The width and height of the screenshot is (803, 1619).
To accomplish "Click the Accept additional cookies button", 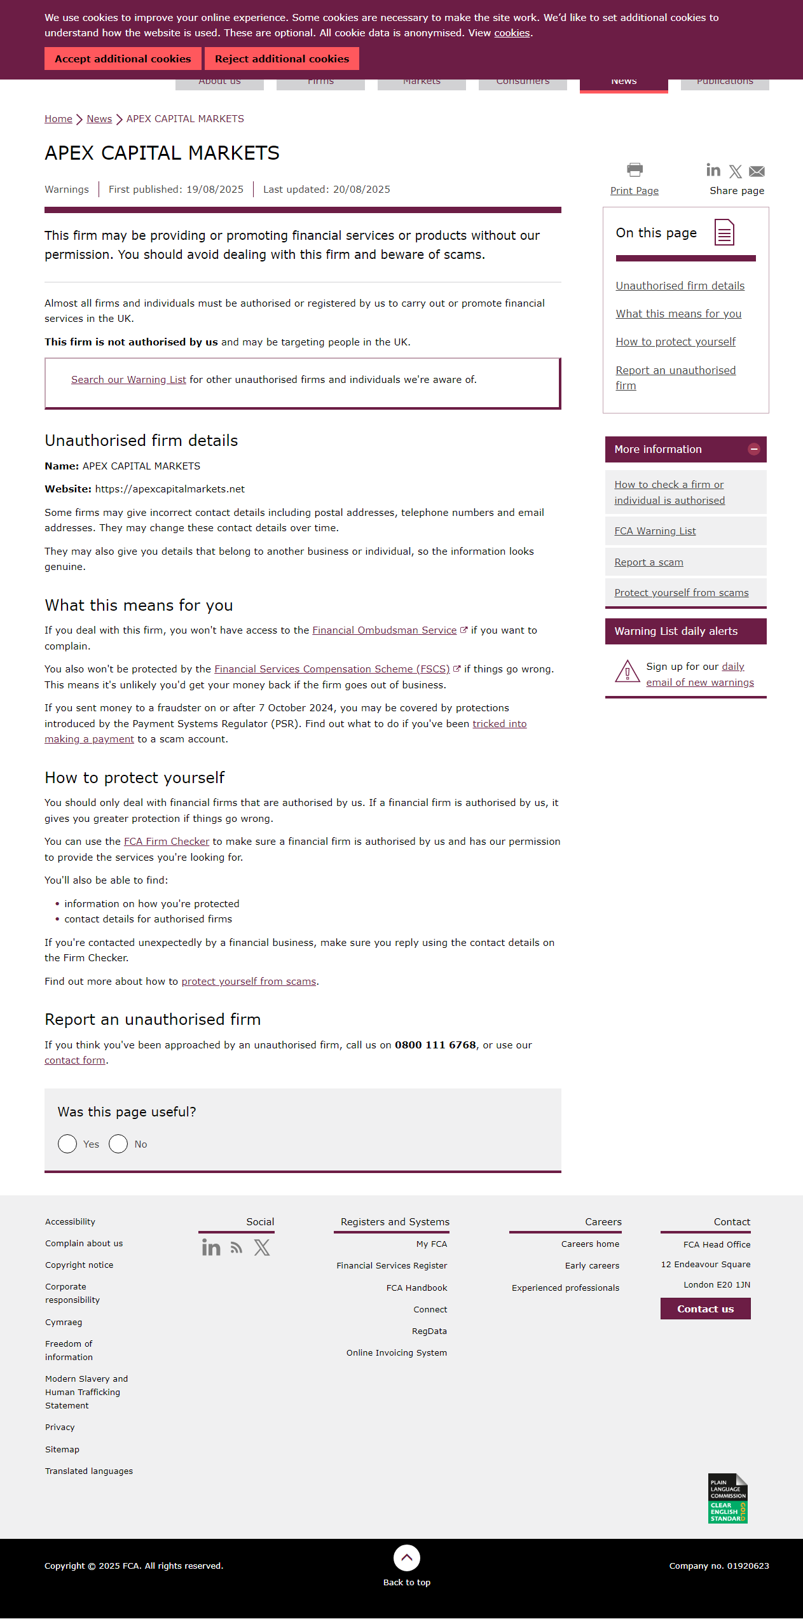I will tap(123, 59).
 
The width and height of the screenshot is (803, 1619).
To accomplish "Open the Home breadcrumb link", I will tap(58, 119).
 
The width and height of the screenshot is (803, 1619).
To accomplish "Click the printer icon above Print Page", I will tap(635, 170).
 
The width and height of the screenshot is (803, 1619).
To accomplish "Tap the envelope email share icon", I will tap(757, 171).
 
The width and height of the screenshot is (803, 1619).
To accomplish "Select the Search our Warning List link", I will tap(128, 380).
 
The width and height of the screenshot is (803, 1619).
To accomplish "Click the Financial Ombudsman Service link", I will tap(384, 630).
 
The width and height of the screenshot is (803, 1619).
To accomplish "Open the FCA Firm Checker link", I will tap(166, 842).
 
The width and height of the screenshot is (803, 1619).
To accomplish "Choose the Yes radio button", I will tap(67, 1144).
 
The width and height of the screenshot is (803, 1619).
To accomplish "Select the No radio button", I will tap(118, 1144).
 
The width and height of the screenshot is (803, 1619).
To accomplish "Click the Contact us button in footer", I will tap(705, 1309).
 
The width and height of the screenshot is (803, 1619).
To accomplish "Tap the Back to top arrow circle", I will tap(407, 1558).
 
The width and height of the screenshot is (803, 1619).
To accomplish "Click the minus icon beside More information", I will tap(754, 449).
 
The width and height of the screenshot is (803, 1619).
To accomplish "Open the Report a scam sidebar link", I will tap(649, 562).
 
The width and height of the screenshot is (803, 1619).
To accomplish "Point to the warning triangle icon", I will tap(627, 672).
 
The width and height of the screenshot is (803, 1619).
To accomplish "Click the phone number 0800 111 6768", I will tap(435, 1045).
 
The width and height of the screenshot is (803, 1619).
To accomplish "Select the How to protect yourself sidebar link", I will tap(675, 342).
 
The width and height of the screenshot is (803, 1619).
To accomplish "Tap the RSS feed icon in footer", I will tap(237, 1248).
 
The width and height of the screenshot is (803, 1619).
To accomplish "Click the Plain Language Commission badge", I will tap(727, 1498).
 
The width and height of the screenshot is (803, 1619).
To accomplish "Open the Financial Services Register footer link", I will tap(392, 1266).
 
